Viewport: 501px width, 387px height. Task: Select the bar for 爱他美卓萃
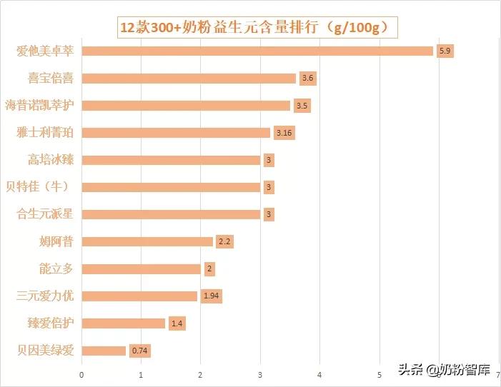[257, 51]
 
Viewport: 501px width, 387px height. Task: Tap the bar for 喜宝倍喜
[189, 78]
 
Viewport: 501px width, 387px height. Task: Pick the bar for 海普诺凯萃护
[186, 106]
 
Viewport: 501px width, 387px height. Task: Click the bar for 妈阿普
[147, 241]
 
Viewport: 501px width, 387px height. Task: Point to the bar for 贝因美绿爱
[104, 351]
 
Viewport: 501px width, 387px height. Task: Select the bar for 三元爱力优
[139, 296]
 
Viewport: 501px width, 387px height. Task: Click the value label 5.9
[445, 51]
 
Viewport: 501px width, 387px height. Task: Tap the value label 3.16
[284, 133]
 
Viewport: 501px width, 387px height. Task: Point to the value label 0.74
[140, 351]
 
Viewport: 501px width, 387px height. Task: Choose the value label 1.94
[211, 296]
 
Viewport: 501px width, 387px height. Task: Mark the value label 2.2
[224, 241]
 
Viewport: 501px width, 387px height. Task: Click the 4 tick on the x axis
[319, 373]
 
